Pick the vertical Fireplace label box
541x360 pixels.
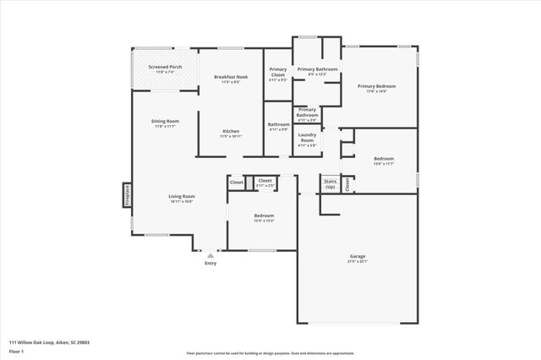pyautogui.click(x=128, y=195)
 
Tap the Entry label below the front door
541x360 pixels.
pyautogui.click(x=210, y=264)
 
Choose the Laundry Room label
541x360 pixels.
pyautogui.click(x=307, y=139)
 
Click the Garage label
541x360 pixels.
pyautogui.click(x=358, y=258)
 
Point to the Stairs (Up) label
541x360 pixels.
pyautogui.click(x=330, y=183)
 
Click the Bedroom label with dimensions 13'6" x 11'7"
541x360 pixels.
pyautogui.click(x=384, y=161)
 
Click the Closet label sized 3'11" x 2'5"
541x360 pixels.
pyautogui.click(x=265, y=182)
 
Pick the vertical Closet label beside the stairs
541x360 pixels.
pyautogui.click(x=347, y=185)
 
